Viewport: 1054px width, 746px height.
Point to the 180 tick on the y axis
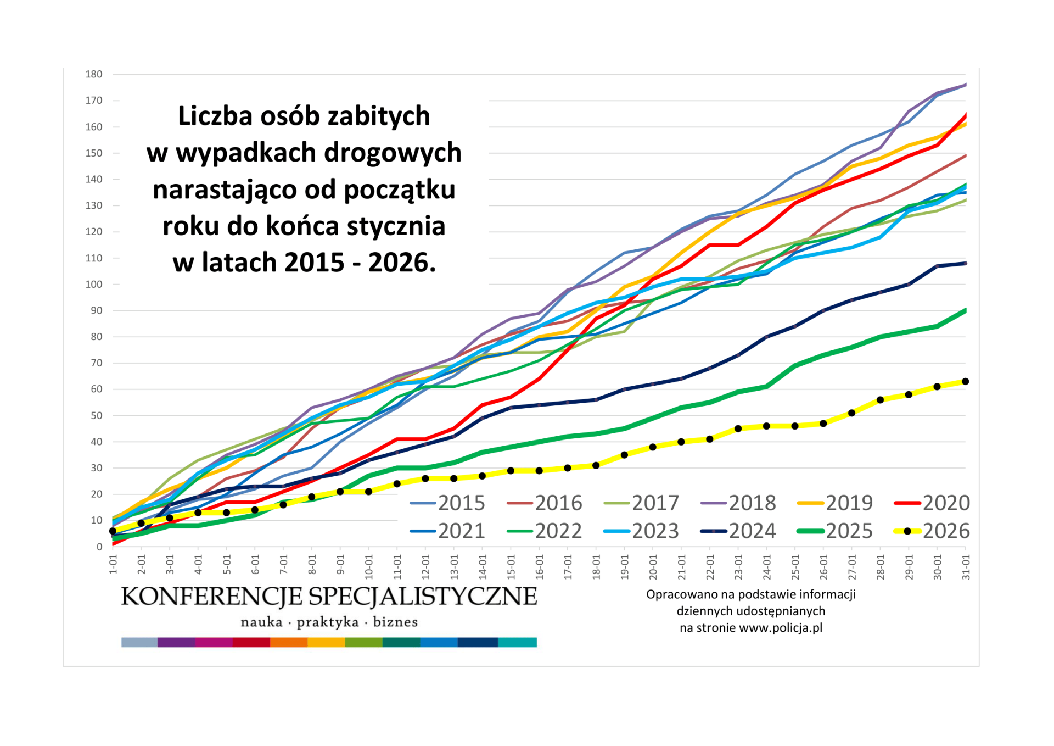pos(94,74)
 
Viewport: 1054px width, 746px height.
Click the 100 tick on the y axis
pos(94,284)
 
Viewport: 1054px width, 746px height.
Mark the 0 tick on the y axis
pos(99,547)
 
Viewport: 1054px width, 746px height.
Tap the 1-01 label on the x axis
pos(113,565)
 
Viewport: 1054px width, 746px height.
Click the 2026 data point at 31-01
pos(966,381)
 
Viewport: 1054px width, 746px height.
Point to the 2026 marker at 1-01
pos(113,531)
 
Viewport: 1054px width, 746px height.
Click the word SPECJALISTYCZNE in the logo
pos(422,597)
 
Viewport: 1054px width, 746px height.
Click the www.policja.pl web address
pos(781,628)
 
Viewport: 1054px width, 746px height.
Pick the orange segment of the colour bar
pos(289,642)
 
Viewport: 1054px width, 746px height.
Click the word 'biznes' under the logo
pos(395,622)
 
